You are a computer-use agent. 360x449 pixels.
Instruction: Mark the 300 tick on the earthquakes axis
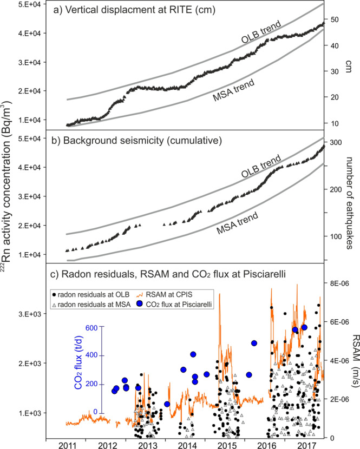coord(339,142)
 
